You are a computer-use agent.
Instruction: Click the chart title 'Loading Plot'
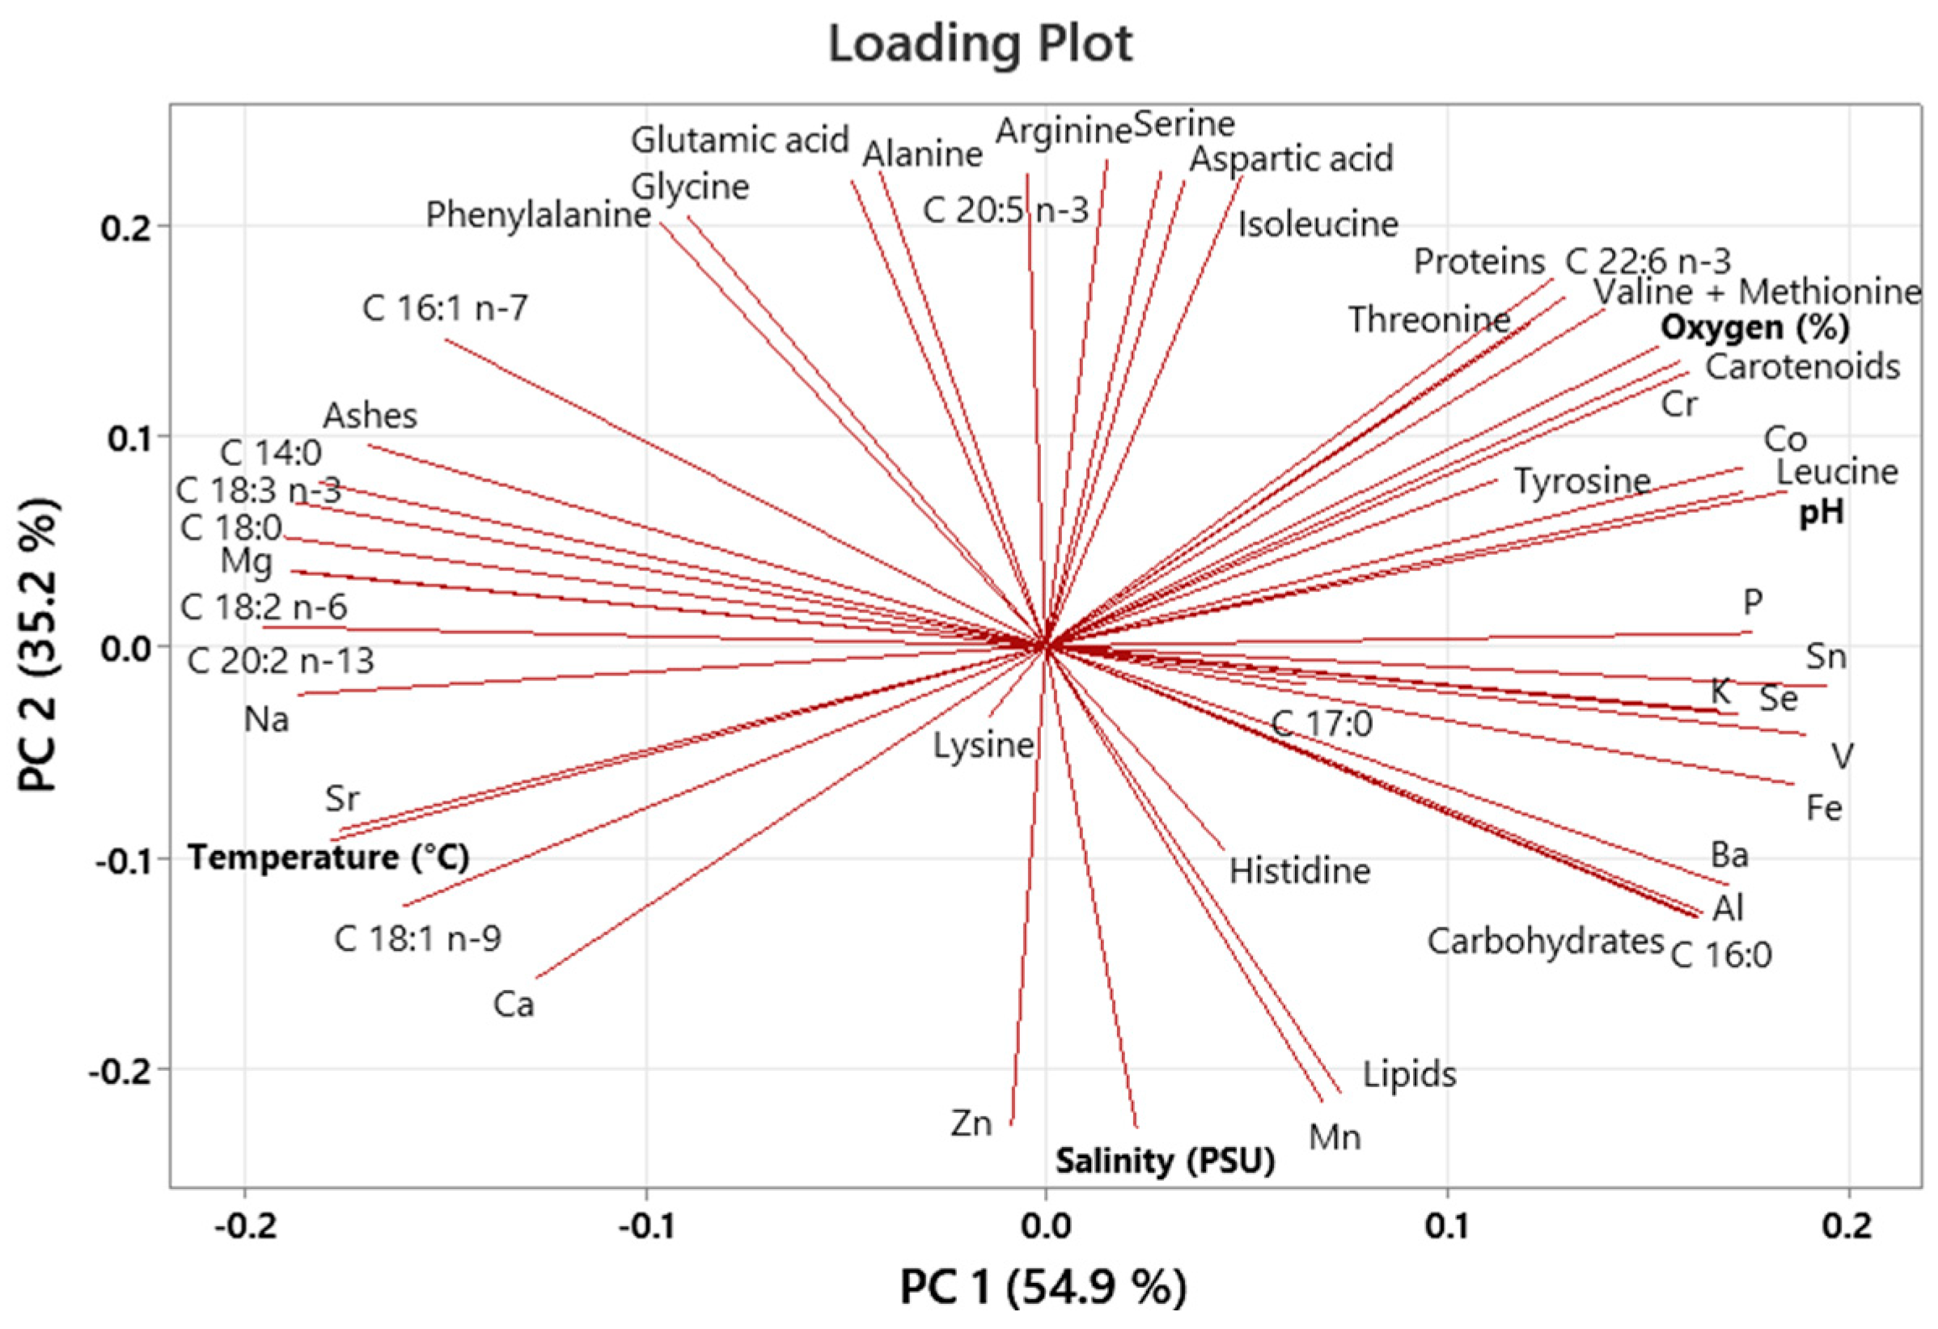980,44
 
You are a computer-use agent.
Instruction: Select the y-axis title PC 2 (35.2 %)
39,644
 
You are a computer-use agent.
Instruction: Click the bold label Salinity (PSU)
1165,1160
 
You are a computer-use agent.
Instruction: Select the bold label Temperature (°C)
328,857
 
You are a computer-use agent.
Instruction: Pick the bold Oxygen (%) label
1754,327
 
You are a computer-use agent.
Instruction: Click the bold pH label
1822,512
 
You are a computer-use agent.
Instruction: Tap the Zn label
971,1123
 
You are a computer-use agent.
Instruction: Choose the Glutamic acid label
739,139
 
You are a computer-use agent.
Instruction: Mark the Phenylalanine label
538,215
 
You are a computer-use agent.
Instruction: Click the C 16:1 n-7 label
446,308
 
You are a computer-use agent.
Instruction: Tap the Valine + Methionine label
1757,292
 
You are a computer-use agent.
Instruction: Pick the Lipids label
1409,1074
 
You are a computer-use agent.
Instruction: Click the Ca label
513,1005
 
